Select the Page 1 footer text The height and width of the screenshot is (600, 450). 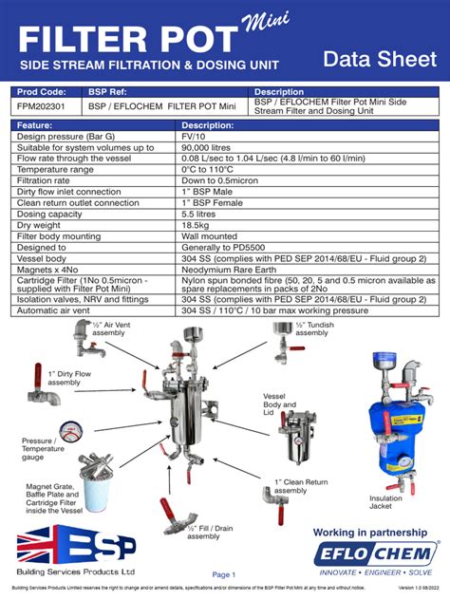(223, 575)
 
